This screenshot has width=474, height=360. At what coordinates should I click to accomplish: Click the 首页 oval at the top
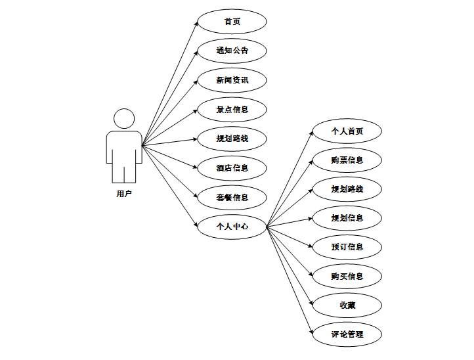coord(232,21)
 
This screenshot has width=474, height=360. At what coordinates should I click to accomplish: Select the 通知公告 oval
coord(232,50)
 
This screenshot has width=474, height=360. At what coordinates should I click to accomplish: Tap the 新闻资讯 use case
coord(232,79)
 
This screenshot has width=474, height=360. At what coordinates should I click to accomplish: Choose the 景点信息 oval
coord(232,109)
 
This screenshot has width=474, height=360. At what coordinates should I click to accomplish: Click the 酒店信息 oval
coord(232,168)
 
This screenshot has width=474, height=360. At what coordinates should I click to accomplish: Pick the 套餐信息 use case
coord(232,197)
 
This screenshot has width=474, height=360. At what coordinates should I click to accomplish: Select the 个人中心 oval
coord(232,226)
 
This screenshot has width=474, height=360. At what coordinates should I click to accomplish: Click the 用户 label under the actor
coord(124,194)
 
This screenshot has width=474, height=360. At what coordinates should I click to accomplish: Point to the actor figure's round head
coord(124,119)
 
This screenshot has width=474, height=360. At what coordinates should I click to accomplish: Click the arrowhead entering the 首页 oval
coord(196,22)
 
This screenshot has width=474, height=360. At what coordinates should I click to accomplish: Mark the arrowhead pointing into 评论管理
coord(311,333)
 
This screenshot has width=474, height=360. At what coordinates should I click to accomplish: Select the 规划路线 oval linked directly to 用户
coord(232,139)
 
